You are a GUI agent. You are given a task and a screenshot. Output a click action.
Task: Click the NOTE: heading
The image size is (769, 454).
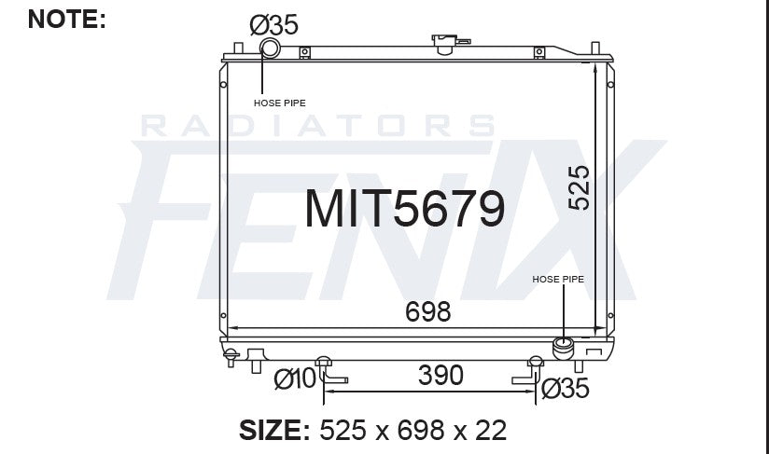(67, 18)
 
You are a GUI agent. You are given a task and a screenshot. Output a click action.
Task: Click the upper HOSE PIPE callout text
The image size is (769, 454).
(280, 103)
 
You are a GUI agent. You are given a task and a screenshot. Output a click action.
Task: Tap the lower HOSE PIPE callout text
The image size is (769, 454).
(558, 279)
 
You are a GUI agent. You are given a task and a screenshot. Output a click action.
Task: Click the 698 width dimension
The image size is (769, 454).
(427, 311)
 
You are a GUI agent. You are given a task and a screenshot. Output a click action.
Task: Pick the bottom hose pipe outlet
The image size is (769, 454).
(565, 348)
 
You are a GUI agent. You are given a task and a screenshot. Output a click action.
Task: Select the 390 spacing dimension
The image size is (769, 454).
(440, 376)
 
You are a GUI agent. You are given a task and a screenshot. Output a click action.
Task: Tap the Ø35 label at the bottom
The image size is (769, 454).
(566, 389)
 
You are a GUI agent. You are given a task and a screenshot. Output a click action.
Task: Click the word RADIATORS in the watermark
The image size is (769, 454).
(317, 126)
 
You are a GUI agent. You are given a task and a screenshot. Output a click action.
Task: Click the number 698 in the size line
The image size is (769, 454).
(419, 430)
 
